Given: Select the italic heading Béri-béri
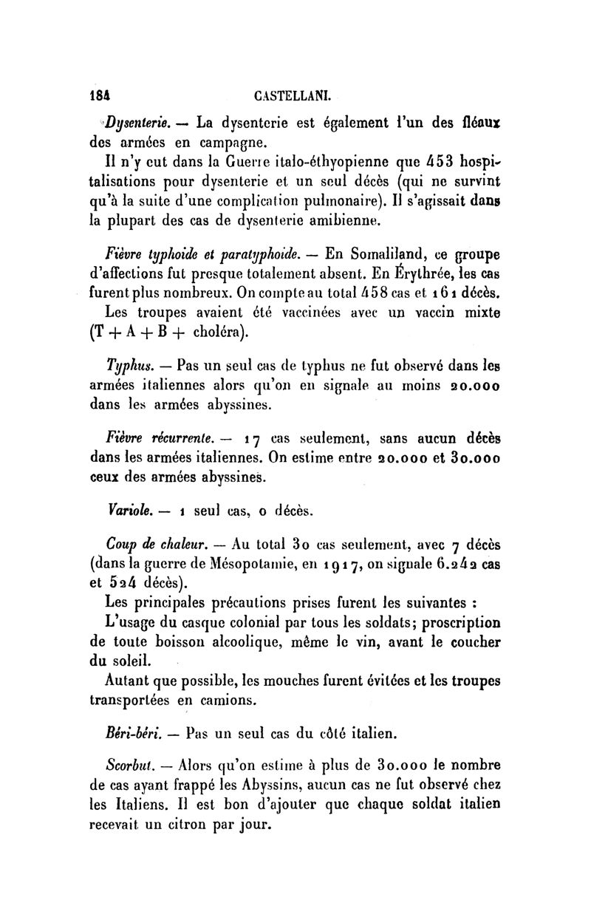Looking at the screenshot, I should (134, 735).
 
